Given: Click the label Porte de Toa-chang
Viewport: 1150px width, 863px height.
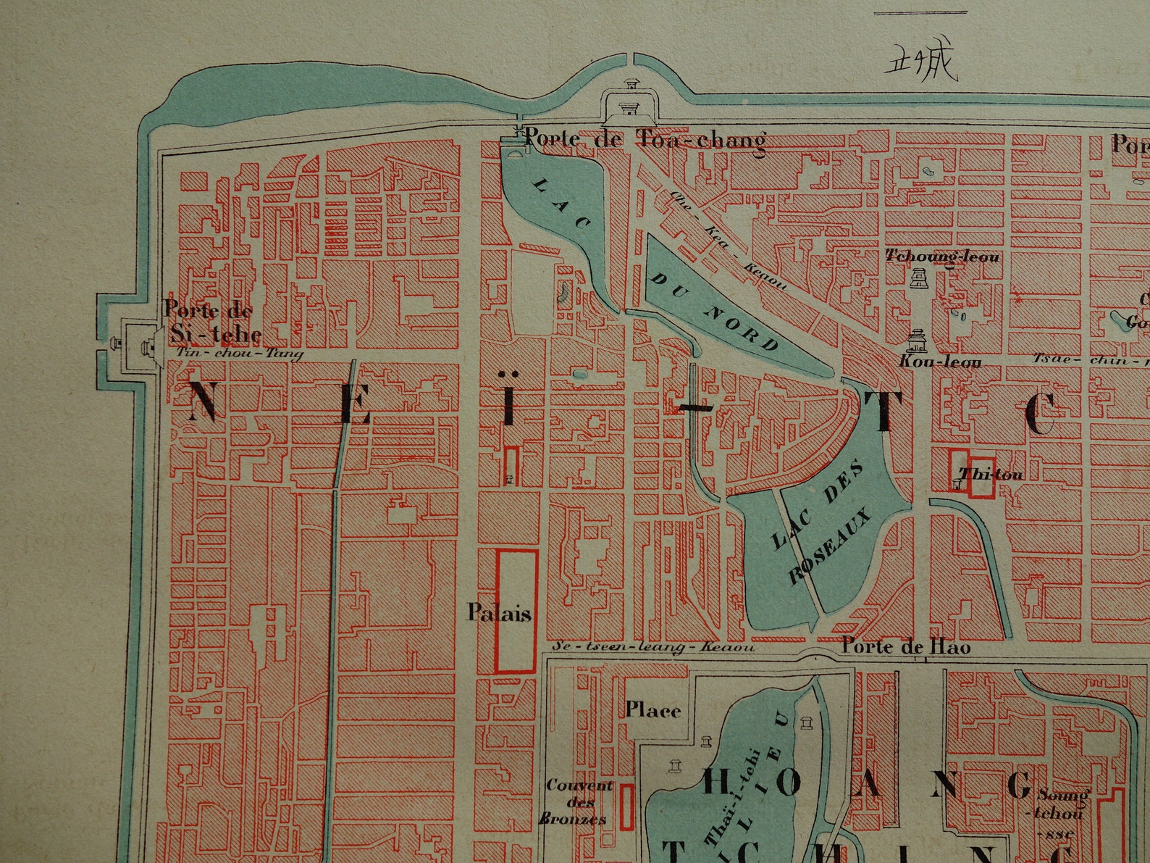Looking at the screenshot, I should point(644,139).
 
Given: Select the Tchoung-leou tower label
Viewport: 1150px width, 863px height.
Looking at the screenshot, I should point(942,256).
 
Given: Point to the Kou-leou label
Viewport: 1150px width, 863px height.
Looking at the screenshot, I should point(939,360).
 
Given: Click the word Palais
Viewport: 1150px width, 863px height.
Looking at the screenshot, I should point(499,614).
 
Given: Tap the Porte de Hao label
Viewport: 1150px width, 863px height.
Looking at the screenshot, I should point(905,646).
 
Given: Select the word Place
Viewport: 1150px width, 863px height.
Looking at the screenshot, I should point(652,709).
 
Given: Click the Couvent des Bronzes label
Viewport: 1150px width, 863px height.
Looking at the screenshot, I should point(577,801).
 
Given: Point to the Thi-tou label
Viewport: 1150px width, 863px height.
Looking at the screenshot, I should point(990,475).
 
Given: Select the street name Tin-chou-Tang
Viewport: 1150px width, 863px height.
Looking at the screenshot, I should point(239,354).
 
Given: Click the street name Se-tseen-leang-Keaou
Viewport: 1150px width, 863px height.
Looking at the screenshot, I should point(652,647).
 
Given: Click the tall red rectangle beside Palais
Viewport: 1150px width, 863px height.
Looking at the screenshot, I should point(516,611).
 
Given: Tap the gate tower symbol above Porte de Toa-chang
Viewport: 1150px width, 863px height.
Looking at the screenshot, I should point(632,103).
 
